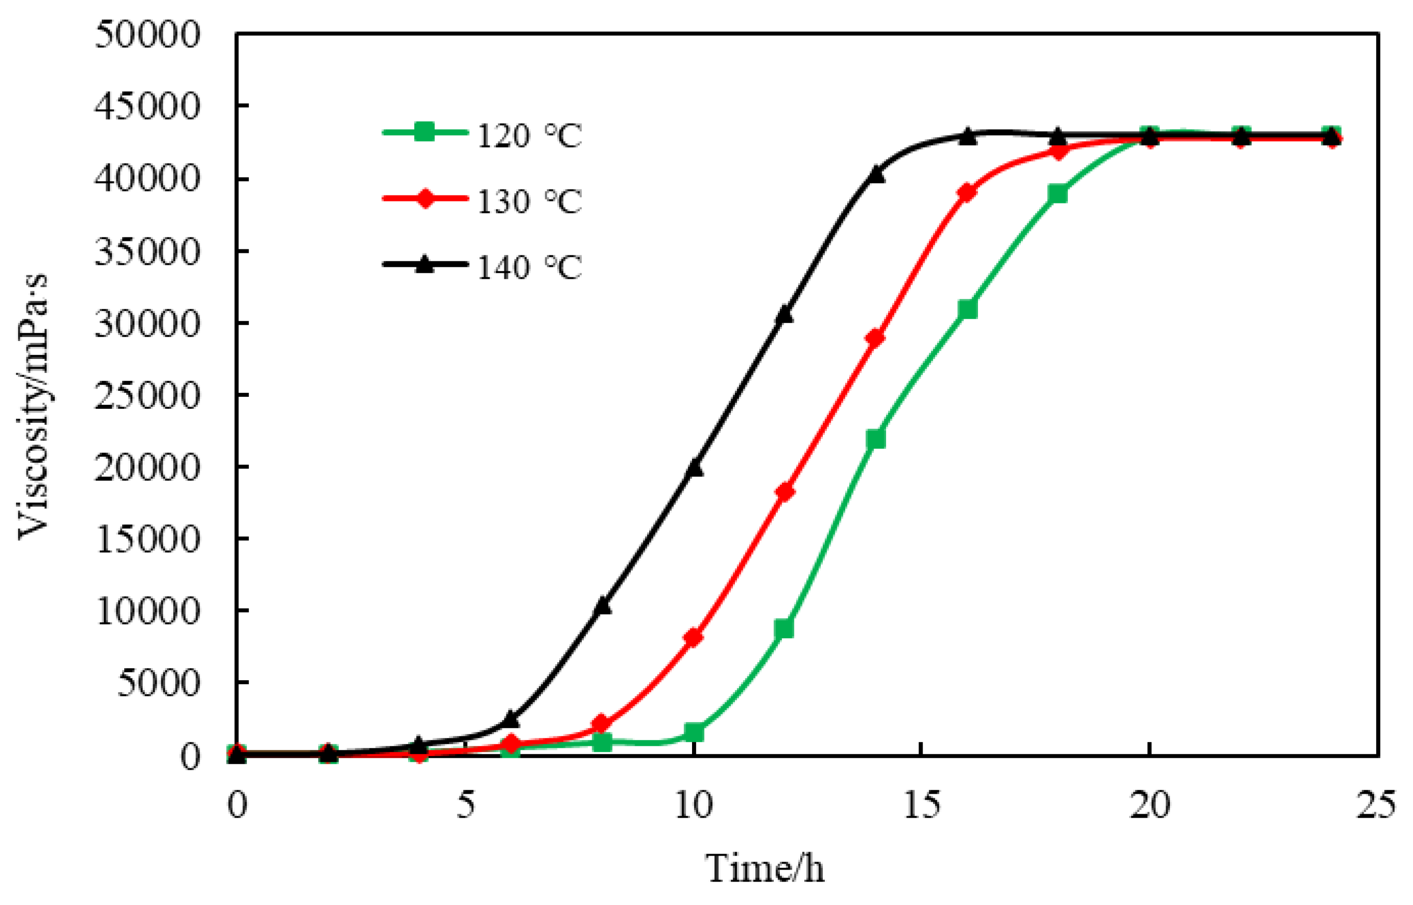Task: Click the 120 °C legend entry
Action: click(x=482, y=135)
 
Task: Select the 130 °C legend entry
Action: click(x=482, y=201)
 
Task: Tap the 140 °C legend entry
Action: click(x=482, y=267)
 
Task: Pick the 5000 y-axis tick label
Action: click(x=159, y=684)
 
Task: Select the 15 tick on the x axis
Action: click(x=921, y=805)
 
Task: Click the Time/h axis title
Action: click(x=764, y=869)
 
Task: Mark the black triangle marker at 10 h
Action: click(x=695, y=468)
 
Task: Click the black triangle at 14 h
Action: click(x=876, y=174)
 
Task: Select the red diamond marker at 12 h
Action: click(x=784, y=491)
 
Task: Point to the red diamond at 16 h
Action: click(x=966, y=193)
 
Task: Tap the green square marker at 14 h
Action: click(x=876, y=439)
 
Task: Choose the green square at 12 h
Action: click(x=784, y=629)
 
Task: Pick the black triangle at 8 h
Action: click(x=603, y=606)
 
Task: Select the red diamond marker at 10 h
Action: click(x=694, y=638)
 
